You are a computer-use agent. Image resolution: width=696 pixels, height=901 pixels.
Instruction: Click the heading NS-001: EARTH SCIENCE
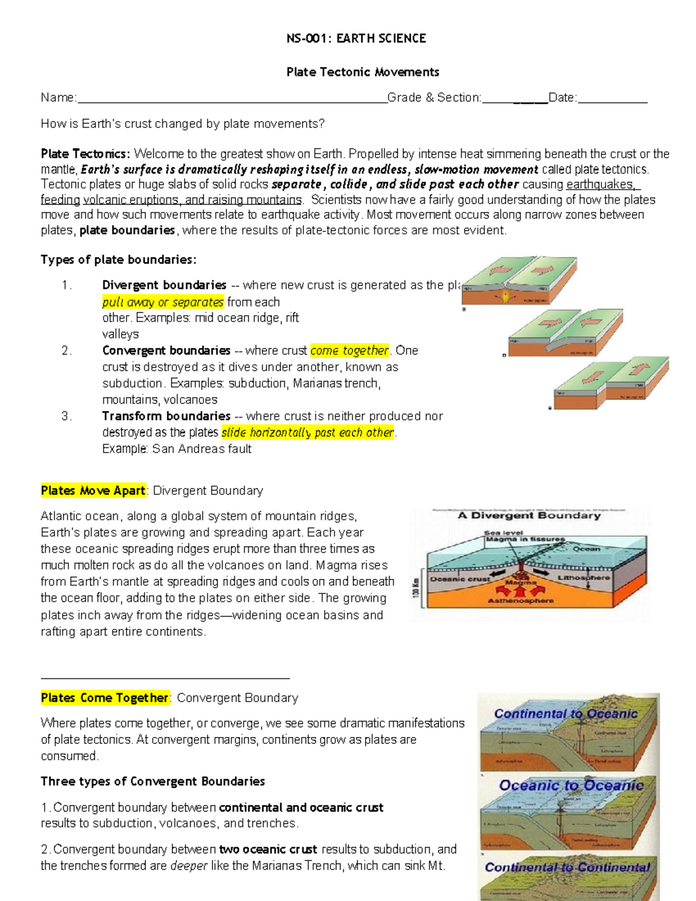tap(356, 39)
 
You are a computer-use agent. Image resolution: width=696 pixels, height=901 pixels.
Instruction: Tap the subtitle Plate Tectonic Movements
tap(362, 73)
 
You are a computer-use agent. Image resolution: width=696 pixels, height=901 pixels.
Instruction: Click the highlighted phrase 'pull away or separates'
tap(163, 302)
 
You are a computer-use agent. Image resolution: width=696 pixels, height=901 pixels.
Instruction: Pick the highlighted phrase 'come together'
tap(349, 350)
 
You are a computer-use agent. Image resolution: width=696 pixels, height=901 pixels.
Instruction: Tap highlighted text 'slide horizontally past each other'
tap(307, 432)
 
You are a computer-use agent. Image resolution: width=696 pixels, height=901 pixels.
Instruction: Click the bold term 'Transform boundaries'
tap(166, 416)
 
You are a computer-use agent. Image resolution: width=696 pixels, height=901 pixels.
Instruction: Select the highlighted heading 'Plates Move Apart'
tap(93, 491)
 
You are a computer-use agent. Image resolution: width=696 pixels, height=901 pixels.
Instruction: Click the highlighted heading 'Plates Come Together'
tap(105, 698)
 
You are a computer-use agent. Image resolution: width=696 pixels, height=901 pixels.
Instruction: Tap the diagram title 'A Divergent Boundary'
tap(529, 515)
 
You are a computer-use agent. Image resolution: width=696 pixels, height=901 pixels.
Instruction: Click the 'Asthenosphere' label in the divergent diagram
tap(520, 601)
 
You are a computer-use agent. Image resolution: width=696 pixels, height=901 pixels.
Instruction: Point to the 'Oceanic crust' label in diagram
tap(459, 578)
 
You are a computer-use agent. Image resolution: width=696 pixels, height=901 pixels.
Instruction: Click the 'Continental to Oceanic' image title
tap(565, 714)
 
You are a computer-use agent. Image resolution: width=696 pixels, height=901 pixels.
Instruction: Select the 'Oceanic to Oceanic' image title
tap(571, 786)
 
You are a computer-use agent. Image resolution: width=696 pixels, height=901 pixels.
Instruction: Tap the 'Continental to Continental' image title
tap(567, 867)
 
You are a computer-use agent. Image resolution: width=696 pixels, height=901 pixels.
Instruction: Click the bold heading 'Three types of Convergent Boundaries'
tap(153, 781)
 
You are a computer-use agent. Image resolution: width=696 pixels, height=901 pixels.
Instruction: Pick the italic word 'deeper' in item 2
tap(189, 866)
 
